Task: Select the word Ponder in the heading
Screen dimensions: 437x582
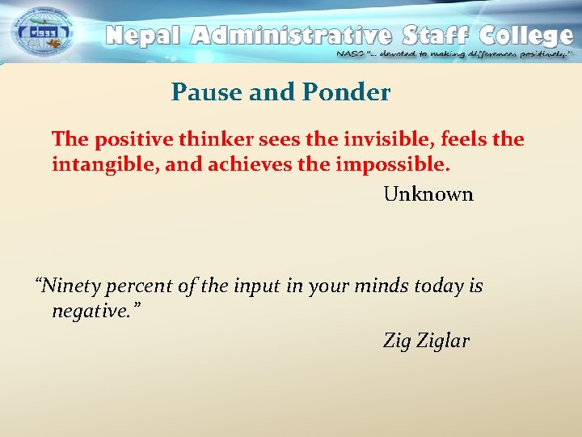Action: click(x=347, y=92)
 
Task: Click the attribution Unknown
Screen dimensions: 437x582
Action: click(x=428, y=194)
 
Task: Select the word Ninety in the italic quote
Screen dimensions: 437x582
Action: click(x=70, y=286)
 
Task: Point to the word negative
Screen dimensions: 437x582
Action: click(x=91, y=311)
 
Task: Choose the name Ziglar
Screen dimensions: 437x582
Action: click(x=443, y=342)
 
